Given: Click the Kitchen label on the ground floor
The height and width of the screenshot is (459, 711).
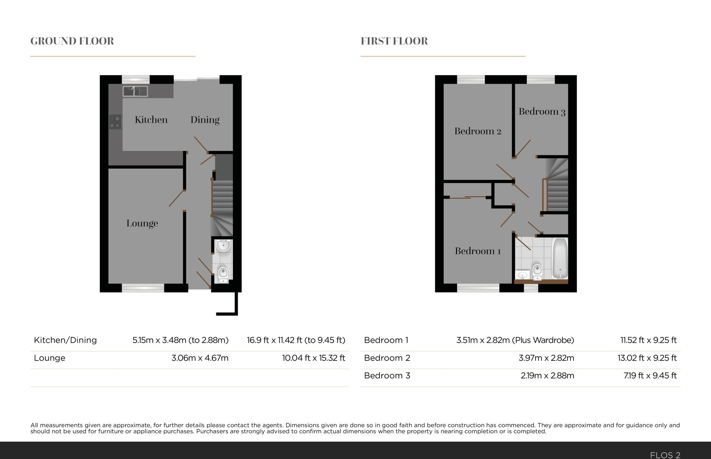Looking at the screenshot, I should point(151,120).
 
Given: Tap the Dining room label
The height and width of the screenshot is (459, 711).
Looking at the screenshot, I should point(205,120).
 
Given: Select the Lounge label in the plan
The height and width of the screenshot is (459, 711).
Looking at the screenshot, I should point(142,223).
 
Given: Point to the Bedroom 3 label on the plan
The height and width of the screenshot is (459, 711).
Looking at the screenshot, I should point(542,111).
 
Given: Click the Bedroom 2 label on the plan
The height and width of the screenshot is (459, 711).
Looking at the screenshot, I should point(478,131).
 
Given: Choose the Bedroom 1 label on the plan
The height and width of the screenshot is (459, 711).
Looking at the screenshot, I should point(478,251).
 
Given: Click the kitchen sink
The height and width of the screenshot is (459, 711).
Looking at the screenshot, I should point(135,91).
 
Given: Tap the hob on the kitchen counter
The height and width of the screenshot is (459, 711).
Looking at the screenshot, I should point(116,122).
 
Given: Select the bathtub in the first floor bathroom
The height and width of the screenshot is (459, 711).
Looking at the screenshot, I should point(560,258).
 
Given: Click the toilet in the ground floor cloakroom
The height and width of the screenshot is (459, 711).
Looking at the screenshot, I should point(223,274).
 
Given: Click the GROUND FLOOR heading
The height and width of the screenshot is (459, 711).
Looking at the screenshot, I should point(72,41).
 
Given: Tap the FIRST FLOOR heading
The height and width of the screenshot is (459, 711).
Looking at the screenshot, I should point(394,41).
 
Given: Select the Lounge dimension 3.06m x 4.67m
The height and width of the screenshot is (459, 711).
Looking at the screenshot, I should point(200,358).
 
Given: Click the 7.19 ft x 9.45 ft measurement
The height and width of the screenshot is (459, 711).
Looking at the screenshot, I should point(650,376).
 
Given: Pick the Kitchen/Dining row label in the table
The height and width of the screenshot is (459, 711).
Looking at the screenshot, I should point(65,340).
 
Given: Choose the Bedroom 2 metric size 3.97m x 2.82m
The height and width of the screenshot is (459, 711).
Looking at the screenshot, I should point(546,358).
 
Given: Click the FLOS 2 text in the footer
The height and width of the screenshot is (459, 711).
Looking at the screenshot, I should point(665,455).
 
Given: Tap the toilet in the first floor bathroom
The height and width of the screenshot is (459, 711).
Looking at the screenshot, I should point(537,271).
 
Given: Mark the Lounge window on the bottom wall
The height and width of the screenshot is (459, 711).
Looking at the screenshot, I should point(143,288).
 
